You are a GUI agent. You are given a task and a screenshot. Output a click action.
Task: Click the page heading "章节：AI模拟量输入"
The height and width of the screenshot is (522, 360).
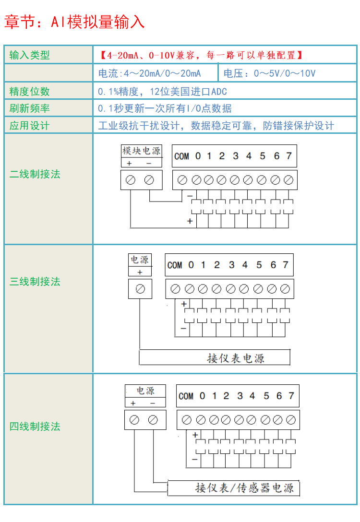74,22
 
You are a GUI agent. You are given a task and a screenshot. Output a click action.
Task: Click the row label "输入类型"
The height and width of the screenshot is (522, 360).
30,55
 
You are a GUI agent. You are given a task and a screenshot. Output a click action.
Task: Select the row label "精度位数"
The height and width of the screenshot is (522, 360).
30,91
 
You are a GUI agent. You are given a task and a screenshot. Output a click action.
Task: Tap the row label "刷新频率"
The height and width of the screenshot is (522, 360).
30,108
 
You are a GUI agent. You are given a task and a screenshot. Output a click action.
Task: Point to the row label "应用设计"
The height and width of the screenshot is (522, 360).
30,126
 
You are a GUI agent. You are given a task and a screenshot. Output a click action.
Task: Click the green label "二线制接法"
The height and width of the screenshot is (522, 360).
35,174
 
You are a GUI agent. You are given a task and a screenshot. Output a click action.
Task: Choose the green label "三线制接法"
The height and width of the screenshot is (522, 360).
35,282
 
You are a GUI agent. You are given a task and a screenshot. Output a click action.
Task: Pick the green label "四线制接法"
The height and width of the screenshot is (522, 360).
35,426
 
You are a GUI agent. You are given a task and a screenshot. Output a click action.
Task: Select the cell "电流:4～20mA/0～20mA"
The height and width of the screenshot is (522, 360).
149,73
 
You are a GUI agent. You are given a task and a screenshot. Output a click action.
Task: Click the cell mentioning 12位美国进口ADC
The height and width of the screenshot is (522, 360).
162,91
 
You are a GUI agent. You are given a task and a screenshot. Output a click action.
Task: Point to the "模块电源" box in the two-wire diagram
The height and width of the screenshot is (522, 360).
141,151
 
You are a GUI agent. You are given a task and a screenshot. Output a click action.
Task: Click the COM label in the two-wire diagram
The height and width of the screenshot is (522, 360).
181,156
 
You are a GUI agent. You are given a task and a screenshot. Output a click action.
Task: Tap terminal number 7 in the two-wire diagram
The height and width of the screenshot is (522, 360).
289,156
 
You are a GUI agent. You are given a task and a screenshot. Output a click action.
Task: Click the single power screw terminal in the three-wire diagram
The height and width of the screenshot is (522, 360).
140,289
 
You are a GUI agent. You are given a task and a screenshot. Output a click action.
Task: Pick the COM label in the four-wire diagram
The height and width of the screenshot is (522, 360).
186,396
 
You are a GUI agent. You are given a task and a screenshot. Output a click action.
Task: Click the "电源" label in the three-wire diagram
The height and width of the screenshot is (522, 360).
140,260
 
